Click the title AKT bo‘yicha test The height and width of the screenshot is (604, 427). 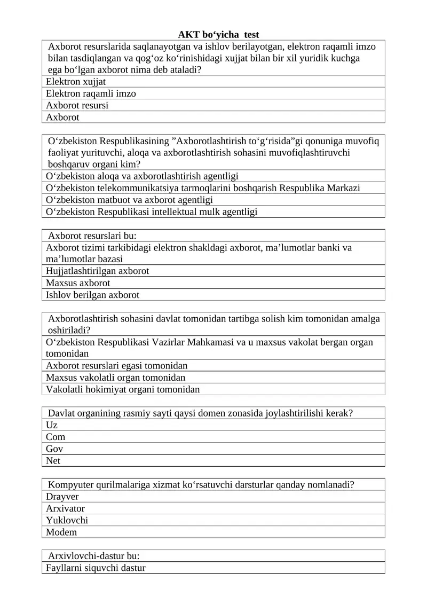point(218,35)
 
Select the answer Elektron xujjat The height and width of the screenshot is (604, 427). point(76,82)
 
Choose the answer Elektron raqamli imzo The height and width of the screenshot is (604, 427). point(91,93)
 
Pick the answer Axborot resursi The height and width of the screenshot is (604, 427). point(77,105)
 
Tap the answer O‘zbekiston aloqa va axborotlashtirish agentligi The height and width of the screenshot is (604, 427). point(142,176)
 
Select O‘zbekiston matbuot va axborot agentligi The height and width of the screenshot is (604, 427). point(130,200)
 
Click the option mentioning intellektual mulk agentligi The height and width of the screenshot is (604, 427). point(152,211)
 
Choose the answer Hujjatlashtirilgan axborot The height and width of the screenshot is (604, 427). point(98,271)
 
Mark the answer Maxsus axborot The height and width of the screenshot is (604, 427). point(78,283)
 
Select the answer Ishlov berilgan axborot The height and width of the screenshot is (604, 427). point(92,294)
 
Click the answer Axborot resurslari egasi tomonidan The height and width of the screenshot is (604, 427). point(117,365)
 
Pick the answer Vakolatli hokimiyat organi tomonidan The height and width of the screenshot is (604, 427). point(123,389)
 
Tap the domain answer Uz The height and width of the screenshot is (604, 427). point(52,425)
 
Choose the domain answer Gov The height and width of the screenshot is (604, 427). point(54,449)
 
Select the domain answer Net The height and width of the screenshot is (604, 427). point(53,460)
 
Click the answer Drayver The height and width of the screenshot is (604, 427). point(62,497)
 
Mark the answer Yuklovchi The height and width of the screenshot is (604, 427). point(67,520)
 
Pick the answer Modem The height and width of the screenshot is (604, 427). point(61,532)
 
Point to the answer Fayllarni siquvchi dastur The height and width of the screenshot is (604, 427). point(96,568)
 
